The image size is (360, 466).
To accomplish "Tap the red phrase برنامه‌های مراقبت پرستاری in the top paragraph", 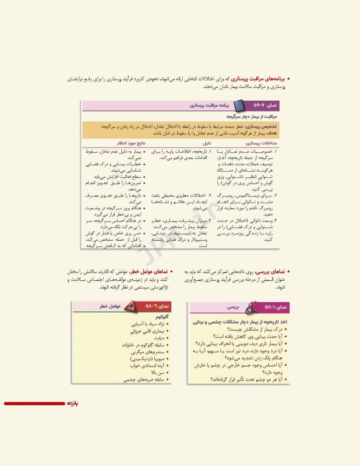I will click(259, 79).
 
